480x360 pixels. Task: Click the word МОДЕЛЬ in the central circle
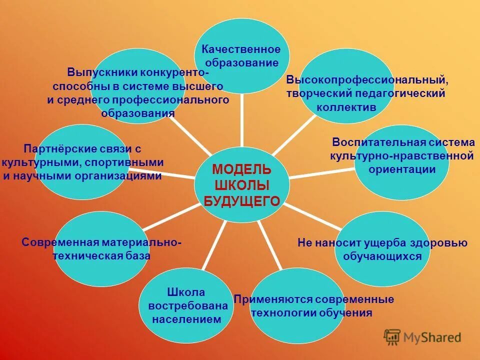click(241, 168)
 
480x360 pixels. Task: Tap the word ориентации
click(402, 169)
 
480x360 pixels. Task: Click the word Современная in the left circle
click(60, 242)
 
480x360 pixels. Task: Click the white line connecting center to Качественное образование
click(241, 120)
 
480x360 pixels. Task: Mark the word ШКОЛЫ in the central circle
click(241, 185)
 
